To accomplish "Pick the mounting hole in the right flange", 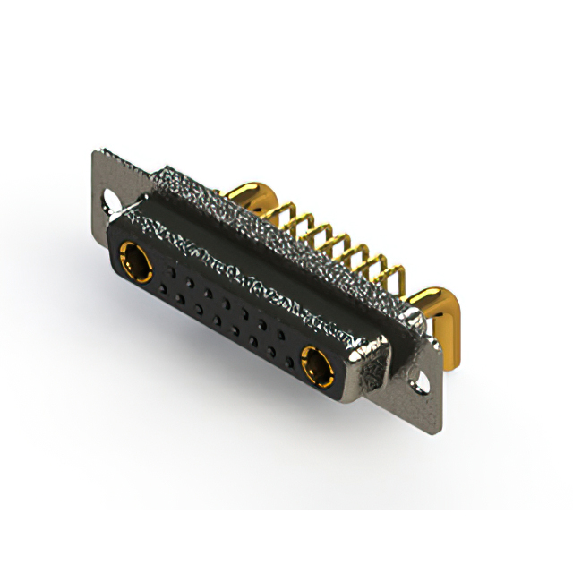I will [422, 385].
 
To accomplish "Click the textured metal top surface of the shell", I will [269, 242].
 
